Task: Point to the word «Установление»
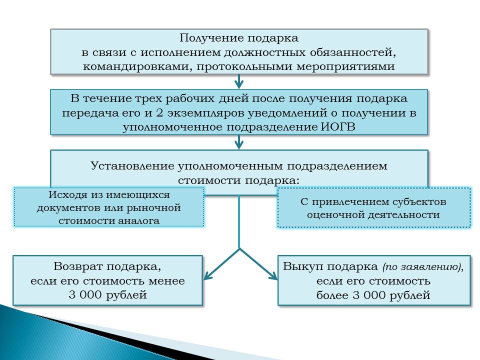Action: click(x=132, y=165)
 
